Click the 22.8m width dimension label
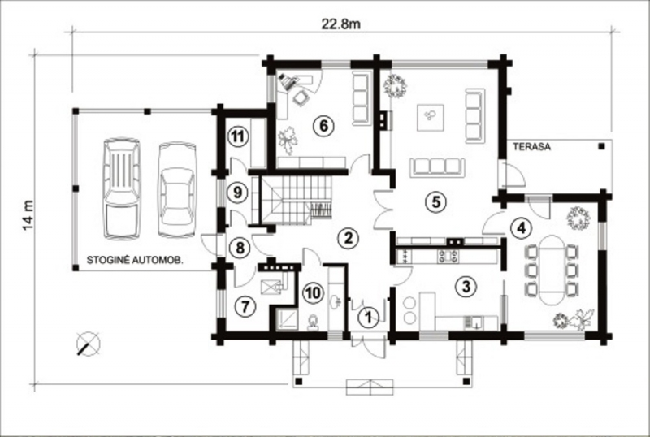(340, 24)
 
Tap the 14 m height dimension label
(28, 215)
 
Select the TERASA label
(532, 147)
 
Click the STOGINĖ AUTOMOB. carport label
(135, 260)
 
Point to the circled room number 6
(323, 126)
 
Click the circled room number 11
(237, 136)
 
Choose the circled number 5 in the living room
(436, 201)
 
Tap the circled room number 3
(466, 286)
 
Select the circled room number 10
(313, 293)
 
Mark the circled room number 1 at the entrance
(368, 318)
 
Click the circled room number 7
(245, 307)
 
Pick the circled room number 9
(237, 193)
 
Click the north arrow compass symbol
(89, 344)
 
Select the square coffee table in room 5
(431, 118)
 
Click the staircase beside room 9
(297, 201)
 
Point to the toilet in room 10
(313, 322)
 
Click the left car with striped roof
(121, 188)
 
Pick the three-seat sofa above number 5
(437, 167)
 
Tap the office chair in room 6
(300, 97)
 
